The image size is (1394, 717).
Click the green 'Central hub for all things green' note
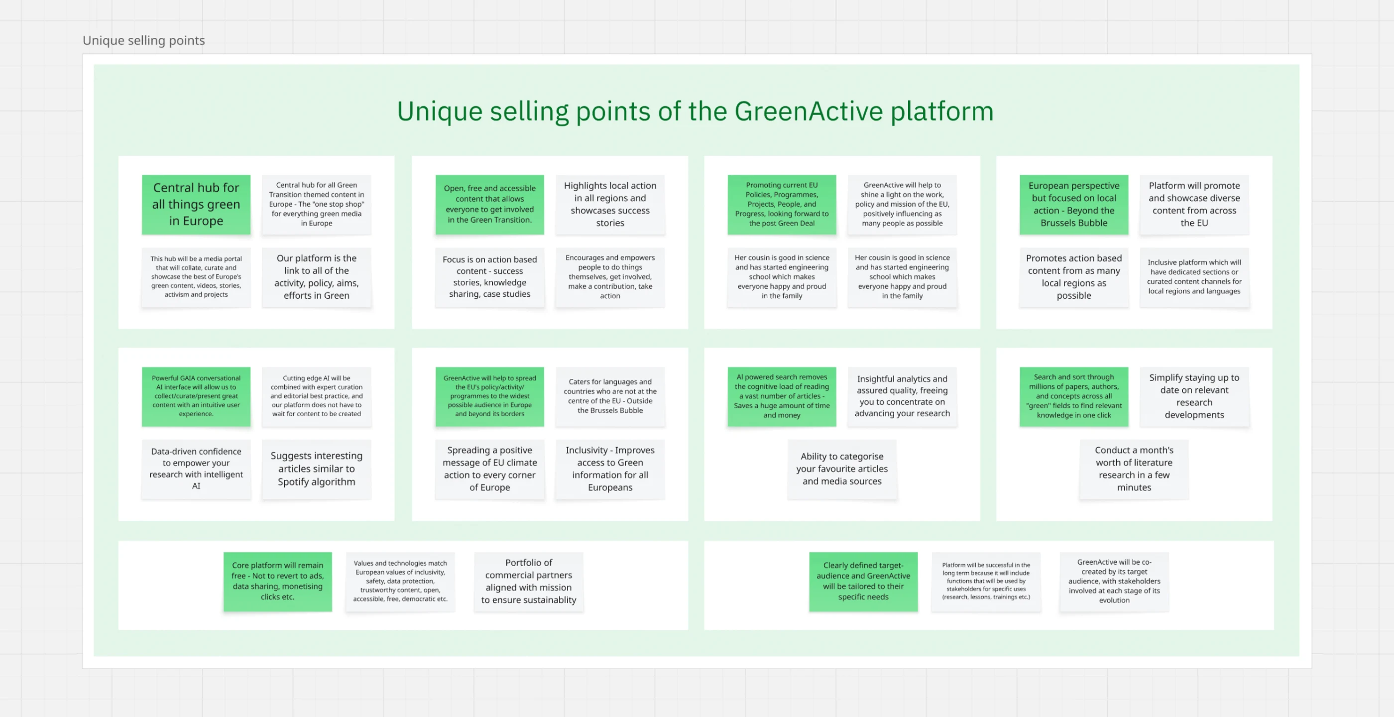pos(196,205)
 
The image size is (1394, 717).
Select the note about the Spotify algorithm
pos(317,469)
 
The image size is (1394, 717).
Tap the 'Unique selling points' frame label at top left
pos(143,41)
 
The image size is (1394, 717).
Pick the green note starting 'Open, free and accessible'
pos(489,205)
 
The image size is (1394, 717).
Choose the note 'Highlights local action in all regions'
pos(610,205)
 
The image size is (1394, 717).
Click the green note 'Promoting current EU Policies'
pos(782,205)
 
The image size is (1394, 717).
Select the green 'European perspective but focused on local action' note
pos(1074,205)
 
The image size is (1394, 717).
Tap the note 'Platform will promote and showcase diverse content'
pos(1194,205)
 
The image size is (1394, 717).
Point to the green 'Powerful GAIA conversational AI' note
pos(196,396)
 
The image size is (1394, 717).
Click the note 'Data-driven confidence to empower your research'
pos(196,469)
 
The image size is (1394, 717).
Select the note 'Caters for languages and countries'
pos(610,396)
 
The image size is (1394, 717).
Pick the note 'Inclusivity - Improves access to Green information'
pos(610,469)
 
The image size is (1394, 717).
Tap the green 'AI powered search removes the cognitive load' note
pos(782,396)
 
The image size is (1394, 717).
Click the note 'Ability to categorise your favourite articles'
pos(841,469)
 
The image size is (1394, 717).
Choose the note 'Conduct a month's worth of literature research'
pos(1134,469)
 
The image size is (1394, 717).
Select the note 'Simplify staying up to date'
pos(1194,396)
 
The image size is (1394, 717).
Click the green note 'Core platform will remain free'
pos(278,581)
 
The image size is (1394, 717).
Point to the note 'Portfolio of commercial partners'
pos(529,581)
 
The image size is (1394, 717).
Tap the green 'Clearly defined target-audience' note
pos(863,581)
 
